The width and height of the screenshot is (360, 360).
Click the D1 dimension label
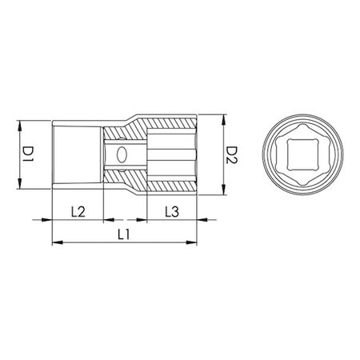(26, 154)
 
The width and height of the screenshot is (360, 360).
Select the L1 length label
(124, 234)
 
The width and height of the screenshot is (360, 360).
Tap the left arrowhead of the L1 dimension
(54, 243)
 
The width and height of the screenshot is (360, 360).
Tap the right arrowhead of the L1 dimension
(194, 243)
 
